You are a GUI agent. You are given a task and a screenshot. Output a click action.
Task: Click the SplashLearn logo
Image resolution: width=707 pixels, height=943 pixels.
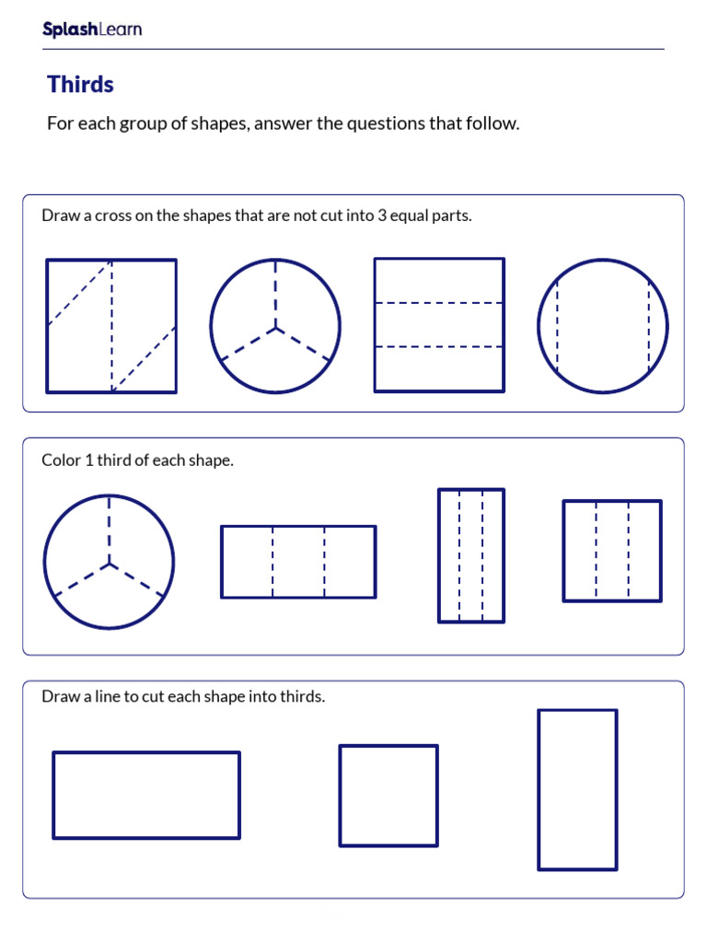(92, 29)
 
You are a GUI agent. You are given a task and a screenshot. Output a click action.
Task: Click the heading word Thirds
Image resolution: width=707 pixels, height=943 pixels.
(80, 85)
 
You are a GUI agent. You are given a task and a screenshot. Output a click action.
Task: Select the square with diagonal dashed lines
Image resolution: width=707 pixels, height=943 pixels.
(111, 326)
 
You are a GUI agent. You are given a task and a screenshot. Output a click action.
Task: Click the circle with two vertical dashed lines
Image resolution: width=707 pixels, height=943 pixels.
(603, 326)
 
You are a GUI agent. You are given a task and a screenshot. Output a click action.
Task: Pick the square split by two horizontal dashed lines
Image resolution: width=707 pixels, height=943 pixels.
(439, 325)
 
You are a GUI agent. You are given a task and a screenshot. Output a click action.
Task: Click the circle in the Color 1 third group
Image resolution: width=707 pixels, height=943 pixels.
(109, 562)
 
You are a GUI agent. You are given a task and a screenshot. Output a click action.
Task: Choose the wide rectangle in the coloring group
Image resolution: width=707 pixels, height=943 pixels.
(298, 562)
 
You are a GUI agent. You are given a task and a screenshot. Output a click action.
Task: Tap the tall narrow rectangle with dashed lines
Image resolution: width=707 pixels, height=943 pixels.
(471, 555)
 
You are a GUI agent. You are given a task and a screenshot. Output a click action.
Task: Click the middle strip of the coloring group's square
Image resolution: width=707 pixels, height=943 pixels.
(612, 551)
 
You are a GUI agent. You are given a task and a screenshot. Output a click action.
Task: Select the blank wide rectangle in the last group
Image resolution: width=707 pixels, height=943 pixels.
(146, 796)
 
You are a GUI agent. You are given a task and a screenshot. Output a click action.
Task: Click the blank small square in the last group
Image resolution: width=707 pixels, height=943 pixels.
(388, 796)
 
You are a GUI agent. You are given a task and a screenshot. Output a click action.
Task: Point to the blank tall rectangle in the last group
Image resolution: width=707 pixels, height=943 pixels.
(577, 789)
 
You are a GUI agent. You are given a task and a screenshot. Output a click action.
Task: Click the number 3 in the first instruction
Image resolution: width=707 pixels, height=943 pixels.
(381, 215)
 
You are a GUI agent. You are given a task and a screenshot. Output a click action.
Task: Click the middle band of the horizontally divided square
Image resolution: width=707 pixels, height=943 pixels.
(439, 325)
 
